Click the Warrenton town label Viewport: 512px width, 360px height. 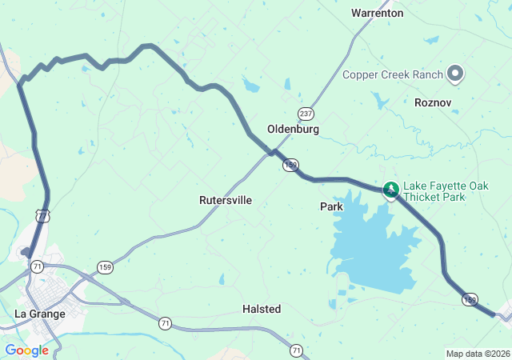click(x=378, y=13)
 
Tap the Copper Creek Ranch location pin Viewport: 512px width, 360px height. click(x=455, y=74)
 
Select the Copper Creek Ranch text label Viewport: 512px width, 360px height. click(x=392, y=74)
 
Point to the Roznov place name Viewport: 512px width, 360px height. click(x=434, y=102)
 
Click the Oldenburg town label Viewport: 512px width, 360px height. click(x=293, y=129)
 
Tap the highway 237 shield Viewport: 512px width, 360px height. click(x=305, y=113)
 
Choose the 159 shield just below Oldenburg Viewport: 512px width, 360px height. click(x=290, y=164)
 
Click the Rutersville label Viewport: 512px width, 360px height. click(x=226, y=201)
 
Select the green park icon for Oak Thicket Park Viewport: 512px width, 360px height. click(x=391, y=190)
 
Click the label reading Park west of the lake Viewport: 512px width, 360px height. click(x=331, y=206)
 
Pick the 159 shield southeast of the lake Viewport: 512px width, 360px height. click(x=470, y=299)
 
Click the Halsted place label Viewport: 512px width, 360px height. click(x=262, y=309)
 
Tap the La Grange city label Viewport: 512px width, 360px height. click(x=40, y=314)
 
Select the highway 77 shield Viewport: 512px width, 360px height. click(x=42, y=215)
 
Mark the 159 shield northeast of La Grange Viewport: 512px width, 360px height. click(x=106, y=266)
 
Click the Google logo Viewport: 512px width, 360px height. click(x=26, y=350)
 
